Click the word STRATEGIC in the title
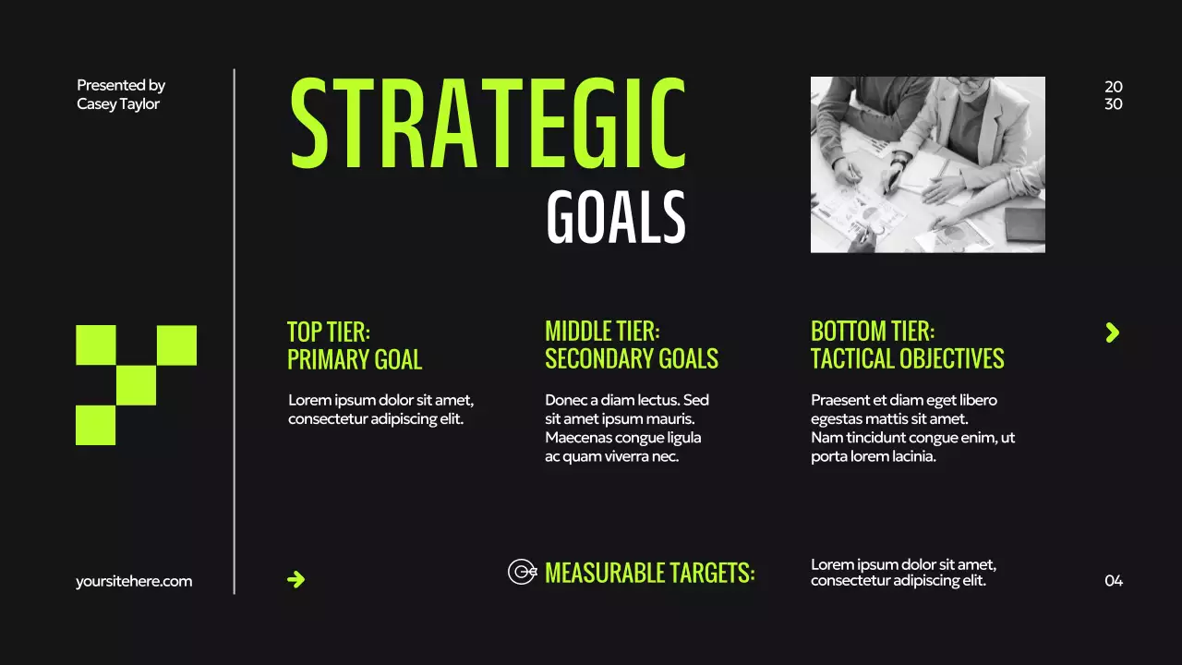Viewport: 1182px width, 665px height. pos(488,123)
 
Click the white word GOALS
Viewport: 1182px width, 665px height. pos(615,218)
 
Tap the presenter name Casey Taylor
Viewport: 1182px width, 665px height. pos(118,104)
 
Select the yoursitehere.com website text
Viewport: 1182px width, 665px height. pos(134,581)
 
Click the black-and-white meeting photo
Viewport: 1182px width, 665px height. pos(927,164)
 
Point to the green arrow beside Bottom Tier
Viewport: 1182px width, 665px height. pos(1112,332)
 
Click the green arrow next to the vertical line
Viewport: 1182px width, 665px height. pos(295,579)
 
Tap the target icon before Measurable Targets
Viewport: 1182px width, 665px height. pos(522,572)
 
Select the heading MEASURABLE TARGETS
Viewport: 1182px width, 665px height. pos(649,573)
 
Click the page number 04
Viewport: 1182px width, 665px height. pos(1114,581)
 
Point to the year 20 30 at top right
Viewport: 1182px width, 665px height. pos(1114,95)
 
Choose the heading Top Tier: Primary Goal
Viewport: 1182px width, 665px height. pos(355,345)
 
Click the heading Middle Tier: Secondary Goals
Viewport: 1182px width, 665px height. pos(632,345)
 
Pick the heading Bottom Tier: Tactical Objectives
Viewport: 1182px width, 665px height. pos(907,345)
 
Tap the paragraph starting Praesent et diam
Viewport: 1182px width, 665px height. pos(912,428)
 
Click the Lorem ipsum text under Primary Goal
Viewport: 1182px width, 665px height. pos(380,409)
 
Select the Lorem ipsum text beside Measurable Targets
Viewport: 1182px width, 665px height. pos(903,573)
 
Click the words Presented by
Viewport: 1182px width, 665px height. pos(121,85)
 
